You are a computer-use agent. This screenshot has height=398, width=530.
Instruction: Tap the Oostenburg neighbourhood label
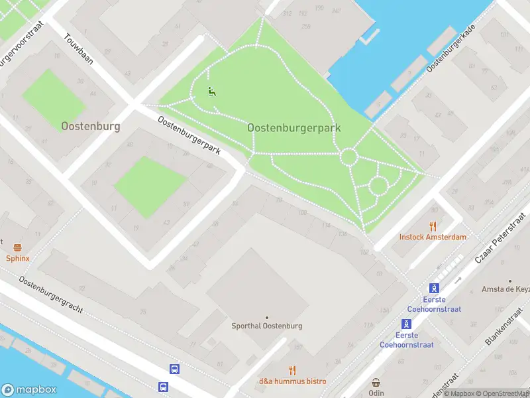[91, 125]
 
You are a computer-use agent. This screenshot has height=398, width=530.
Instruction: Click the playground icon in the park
[212, 92]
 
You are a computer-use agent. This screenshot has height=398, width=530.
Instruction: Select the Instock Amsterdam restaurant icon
[433, 226]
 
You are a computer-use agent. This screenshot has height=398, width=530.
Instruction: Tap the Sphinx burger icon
[17, 247]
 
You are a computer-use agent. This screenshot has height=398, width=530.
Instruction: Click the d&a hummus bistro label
[292, 381]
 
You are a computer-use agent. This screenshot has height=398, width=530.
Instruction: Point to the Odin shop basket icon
[376, 383]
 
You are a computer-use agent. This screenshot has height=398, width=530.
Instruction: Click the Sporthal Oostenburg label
[267, 326]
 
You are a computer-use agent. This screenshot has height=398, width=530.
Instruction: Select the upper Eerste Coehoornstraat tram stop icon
[434, 288]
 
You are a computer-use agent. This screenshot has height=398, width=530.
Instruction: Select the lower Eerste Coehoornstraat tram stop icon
[406, 324]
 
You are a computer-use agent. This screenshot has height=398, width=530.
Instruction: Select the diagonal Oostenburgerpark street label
[189, 135]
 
